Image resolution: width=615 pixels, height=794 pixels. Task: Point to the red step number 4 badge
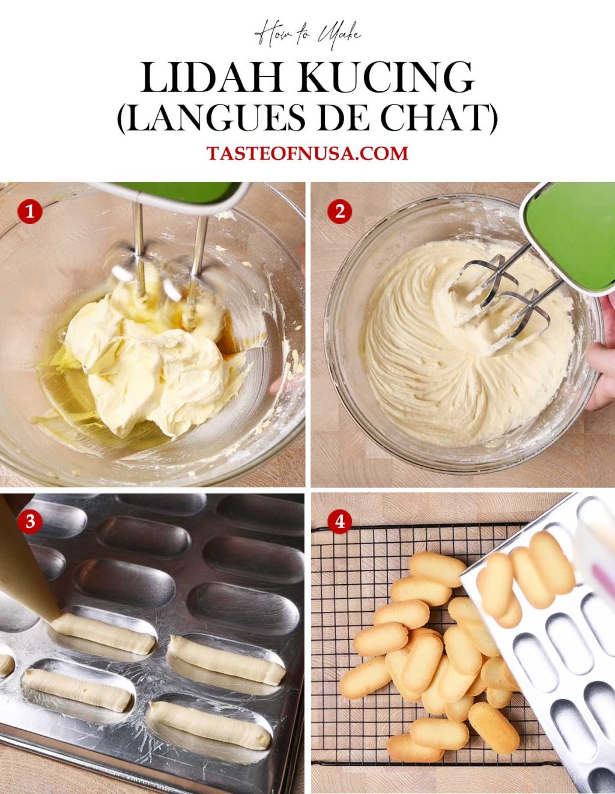point(340,522)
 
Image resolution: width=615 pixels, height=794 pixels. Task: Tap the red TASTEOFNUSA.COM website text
point(307,153)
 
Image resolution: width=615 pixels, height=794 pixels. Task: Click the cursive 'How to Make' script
point(307,34)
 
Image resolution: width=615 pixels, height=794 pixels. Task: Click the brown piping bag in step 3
point(24,571)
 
